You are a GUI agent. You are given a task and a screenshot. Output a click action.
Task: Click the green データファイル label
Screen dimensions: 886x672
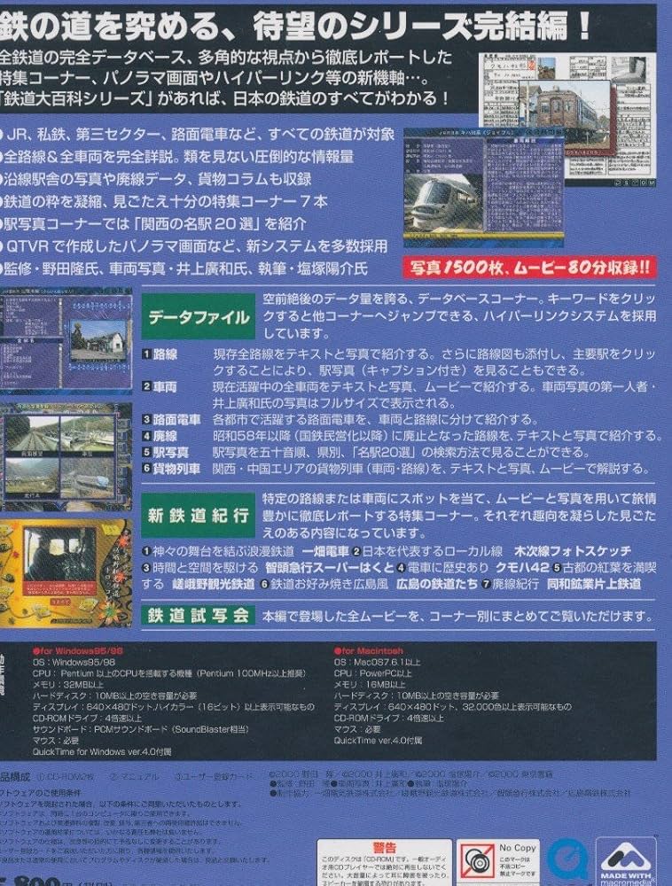pos(197,317)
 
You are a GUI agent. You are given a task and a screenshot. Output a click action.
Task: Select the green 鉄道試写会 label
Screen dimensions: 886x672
pos(197,616)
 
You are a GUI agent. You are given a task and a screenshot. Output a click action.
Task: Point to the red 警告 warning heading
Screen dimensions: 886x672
pos(385,847)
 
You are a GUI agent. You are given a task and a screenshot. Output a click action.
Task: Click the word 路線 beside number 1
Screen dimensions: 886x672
pos(166,353)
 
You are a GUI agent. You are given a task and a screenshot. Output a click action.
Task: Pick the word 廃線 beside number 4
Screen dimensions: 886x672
pos(166,436)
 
